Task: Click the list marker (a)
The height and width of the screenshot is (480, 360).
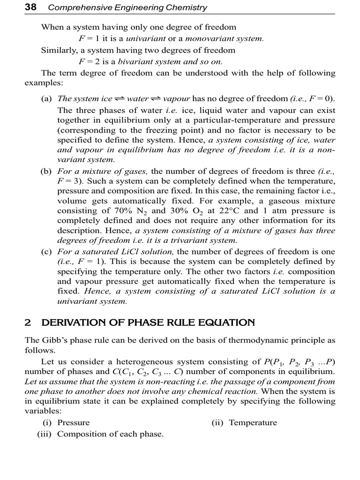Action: pyautogui.click(x=46, y=98)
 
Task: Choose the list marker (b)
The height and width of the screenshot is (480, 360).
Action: pyautogui.click(x=46, y=172)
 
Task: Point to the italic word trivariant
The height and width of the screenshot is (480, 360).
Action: pyautogui.click(x=191, y=240)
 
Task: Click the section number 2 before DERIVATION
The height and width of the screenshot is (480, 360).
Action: pyautogui.click(x=28, y=322)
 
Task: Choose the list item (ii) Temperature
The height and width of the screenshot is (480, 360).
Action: pyautogui.click(x=244, y=422)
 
